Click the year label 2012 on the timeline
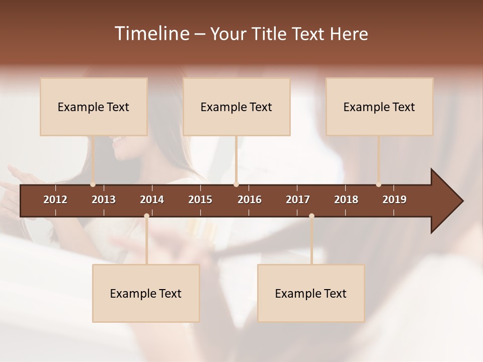pos(55,200)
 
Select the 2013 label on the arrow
pos(104,200)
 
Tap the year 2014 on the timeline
pos(152,200)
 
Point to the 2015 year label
pos(200,200)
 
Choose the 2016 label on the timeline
pos(250,200)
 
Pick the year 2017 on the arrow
pos(298,200)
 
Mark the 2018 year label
pos(346,200)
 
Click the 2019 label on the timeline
pos(394,200)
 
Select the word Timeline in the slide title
pos(151,34)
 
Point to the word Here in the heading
pos(349,34)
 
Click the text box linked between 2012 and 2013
pos(94,107)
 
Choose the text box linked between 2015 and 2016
pos(236,107)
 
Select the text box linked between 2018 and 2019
pos(379,107)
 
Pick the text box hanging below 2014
pos(146,293)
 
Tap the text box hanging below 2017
pos(311,293)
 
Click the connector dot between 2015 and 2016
pos(236,185)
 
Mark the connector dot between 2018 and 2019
pos(378,185)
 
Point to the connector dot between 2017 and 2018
pos(311,216)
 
